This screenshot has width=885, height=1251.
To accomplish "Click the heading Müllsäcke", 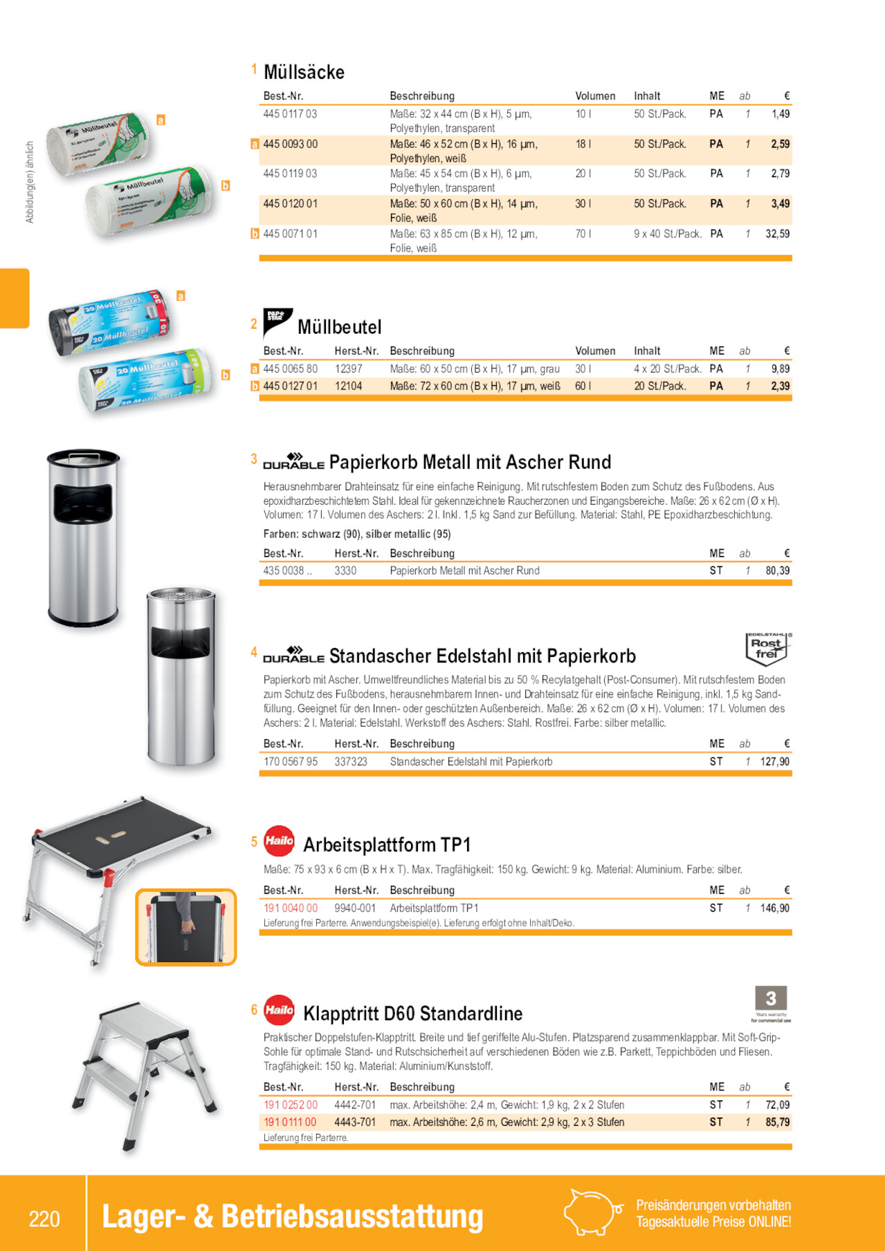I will click(304, 73).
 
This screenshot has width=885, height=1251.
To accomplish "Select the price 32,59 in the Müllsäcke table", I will click(777, 234).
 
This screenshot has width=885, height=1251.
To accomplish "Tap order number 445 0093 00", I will click(290, 145).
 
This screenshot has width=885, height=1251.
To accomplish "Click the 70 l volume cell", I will click(583, 234).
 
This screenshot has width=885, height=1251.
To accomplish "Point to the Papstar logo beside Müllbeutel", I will click(277, 322).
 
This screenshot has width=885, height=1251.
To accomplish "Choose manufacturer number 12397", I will click(348, 369).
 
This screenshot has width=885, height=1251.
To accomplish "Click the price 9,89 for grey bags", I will click(780, 369).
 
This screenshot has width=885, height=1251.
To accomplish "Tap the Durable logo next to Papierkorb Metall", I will click(293, 462).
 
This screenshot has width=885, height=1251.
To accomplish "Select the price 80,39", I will click(777, 571).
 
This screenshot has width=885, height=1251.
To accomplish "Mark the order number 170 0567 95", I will click(290, 762).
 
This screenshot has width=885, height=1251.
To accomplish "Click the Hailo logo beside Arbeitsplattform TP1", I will click(279, 841).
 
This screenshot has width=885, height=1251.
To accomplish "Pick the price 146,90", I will click(774, 909).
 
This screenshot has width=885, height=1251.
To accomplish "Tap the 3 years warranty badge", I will click(771, 1003).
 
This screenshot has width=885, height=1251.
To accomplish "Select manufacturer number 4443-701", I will click(355, 1122).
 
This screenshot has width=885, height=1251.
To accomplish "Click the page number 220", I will click(44, 1218).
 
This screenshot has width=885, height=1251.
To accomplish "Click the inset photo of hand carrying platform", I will click(185, 927).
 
